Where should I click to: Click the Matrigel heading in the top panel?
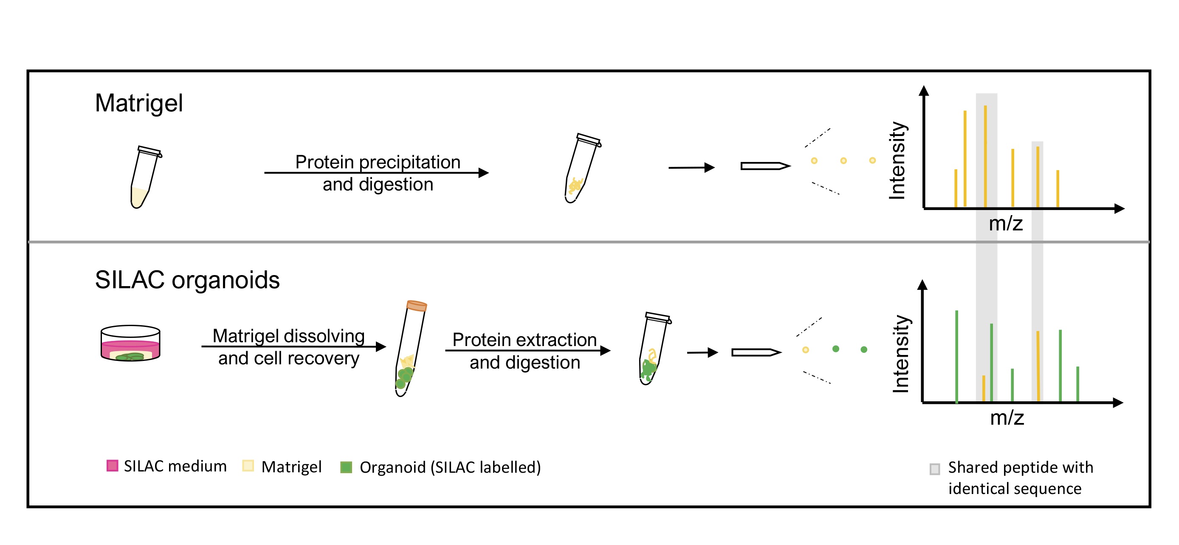(x=139, y=103)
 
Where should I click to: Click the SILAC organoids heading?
(x=187, y=280)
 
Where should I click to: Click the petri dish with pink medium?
(x=130, y=343)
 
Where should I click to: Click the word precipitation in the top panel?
(x=409, y=162)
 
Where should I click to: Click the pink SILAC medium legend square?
(x=112, y=466)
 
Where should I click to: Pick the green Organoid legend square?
(x=347, y=467)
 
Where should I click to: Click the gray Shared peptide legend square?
(x=935, y=469)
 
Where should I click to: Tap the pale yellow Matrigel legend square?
(x=248, y=466)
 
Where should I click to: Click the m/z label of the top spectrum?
(x=1006, y=224)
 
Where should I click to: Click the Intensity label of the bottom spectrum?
(x=901, y=354)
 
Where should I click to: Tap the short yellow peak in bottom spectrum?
(x=984, y=389)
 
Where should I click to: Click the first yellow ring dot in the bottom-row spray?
(x=806, y=350)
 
